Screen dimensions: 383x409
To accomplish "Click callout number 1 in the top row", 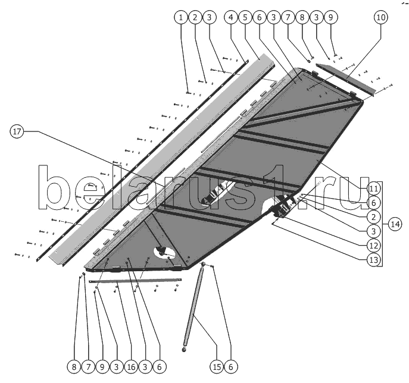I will point(180,18).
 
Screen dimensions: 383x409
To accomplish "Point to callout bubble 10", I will point(380,18).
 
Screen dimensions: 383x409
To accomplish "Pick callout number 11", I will point(373,188).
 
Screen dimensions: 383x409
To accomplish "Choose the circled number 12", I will point(373,244).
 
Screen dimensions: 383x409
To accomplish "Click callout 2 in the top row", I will point(194,18).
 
